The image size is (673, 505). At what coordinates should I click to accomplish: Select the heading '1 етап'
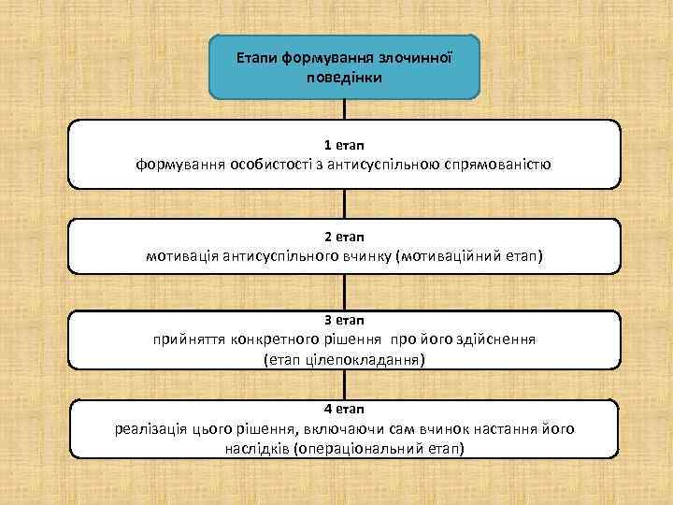[x=344, y=145]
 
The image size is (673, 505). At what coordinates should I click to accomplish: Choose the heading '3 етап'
[x=344, y=320]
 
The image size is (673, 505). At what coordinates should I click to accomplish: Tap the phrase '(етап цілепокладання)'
[x=344, y=359]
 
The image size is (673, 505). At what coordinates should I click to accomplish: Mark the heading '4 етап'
[x=344, y=409]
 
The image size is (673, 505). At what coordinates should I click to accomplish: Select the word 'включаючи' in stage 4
[x=337, y=428]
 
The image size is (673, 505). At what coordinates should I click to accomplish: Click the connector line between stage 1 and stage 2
[x=345, y=203]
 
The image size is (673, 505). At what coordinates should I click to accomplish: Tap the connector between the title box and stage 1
[x=345, y=110]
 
